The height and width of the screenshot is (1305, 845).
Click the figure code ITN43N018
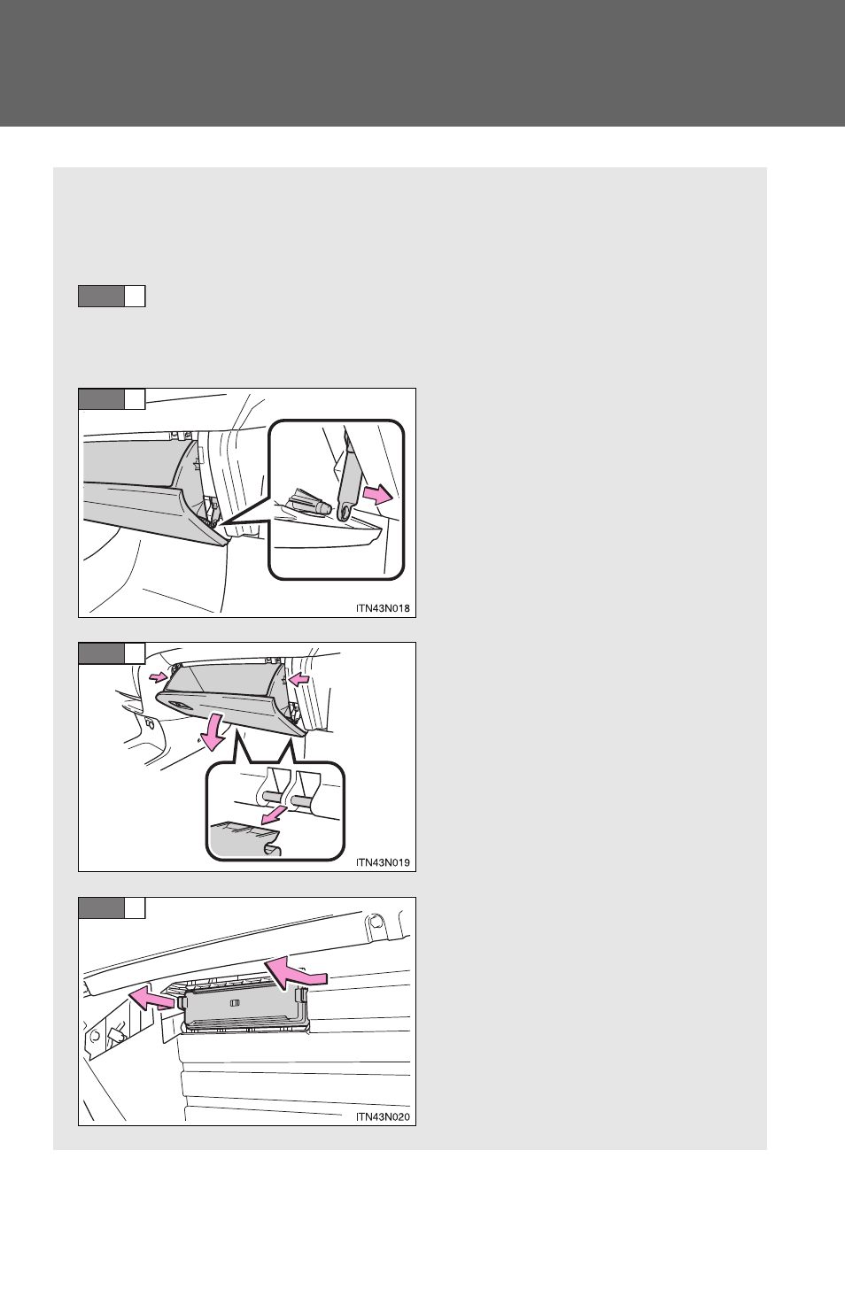[x=383, y=608]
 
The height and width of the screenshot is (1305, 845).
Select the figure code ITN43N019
[x=383, y=862]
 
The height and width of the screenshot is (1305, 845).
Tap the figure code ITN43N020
[x=383, y=1116]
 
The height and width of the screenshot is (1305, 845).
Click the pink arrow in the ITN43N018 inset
[x=377, y=495]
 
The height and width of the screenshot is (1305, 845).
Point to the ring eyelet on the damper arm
[x=345, y=512]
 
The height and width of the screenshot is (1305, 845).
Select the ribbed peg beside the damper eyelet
[x=310, y=503]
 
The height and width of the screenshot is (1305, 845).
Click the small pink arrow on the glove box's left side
[x=158, y=677]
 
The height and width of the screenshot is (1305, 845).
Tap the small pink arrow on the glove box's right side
[x=298, y=678]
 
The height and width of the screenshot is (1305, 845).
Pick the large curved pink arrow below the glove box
[x=213, y=731]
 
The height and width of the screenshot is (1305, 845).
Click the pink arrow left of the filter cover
[x=151, y=1000]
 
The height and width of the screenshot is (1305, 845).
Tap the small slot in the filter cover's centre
[x=236, y=1003]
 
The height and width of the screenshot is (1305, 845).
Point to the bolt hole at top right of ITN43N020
[x=376, y=922]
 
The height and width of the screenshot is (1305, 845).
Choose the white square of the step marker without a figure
[x=135, y=296]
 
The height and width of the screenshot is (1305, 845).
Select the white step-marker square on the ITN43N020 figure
[x=135, y=907]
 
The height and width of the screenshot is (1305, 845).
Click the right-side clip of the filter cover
[x=302, y=996]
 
